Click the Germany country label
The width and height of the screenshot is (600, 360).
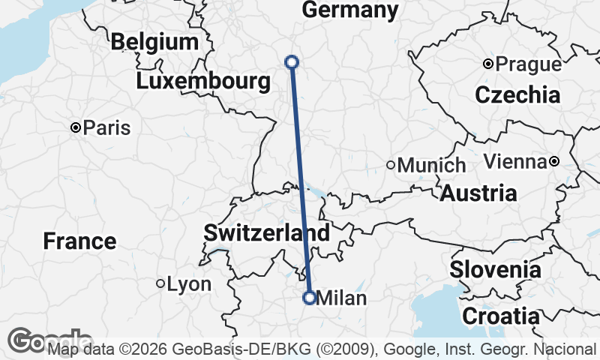[x=349, y=10]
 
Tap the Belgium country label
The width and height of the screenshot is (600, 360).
[x=154, y=42]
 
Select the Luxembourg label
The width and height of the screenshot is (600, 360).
[x=203, y=82]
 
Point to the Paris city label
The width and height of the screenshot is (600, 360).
[x=106, y=128]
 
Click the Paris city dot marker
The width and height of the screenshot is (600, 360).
[x=76, y=128]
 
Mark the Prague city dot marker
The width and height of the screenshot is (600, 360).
[x=488, y=64]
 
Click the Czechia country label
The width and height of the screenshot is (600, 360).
[x=517, y=95]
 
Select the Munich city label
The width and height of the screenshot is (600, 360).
[x=431, y=165]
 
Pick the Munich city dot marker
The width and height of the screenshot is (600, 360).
[x=391, y=165]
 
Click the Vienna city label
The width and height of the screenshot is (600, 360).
[x=514, y=161]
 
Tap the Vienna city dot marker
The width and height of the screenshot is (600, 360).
[x=553, y=161]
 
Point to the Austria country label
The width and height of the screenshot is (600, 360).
[x=478, y=193]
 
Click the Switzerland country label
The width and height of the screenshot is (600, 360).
[x=266, y=232]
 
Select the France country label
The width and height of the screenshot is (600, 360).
[x=79, y=241]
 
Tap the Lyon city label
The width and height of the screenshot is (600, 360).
[x=189, y=284]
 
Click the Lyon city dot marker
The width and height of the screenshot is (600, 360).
[x=160, y=283]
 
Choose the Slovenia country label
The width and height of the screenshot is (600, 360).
[x=495, y=269]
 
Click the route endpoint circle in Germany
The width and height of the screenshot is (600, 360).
[x=292, y=62]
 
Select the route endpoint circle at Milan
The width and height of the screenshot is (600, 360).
[x=309, y=298]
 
